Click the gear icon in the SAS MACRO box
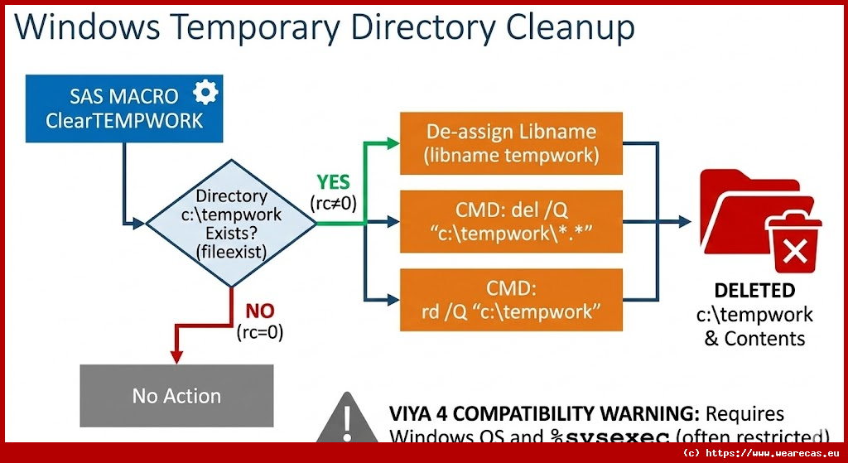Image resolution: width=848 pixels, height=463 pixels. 205,92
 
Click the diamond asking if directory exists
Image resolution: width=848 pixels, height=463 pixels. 231,224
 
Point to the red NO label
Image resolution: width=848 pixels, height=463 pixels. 260,311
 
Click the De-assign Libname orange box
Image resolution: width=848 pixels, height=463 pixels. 510,142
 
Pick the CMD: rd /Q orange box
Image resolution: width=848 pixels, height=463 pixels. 510,300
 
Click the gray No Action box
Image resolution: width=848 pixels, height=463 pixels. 176,396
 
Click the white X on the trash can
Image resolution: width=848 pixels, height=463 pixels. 794,251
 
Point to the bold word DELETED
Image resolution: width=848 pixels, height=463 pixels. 754,292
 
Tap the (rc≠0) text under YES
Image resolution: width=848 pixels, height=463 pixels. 334,204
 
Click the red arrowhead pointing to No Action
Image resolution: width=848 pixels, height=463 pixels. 176,357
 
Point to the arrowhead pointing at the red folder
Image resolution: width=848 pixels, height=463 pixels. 683,221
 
